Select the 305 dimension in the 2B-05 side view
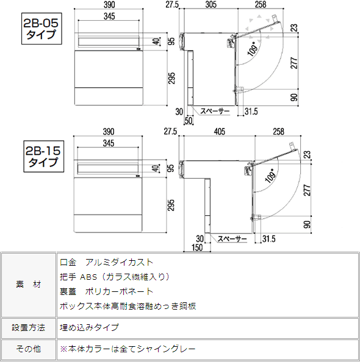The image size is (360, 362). point(211,4)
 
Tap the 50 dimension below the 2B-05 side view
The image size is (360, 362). point(188,120)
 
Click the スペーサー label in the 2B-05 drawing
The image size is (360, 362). point(215,112)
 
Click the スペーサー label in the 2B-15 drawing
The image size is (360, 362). point(232,238)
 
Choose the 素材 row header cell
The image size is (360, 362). point(29,285)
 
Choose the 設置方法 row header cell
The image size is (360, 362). point(29,327)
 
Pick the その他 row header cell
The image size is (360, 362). point(29,349)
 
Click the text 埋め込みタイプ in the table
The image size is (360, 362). point(90,327)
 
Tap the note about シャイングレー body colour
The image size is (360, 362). point(127,349)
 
